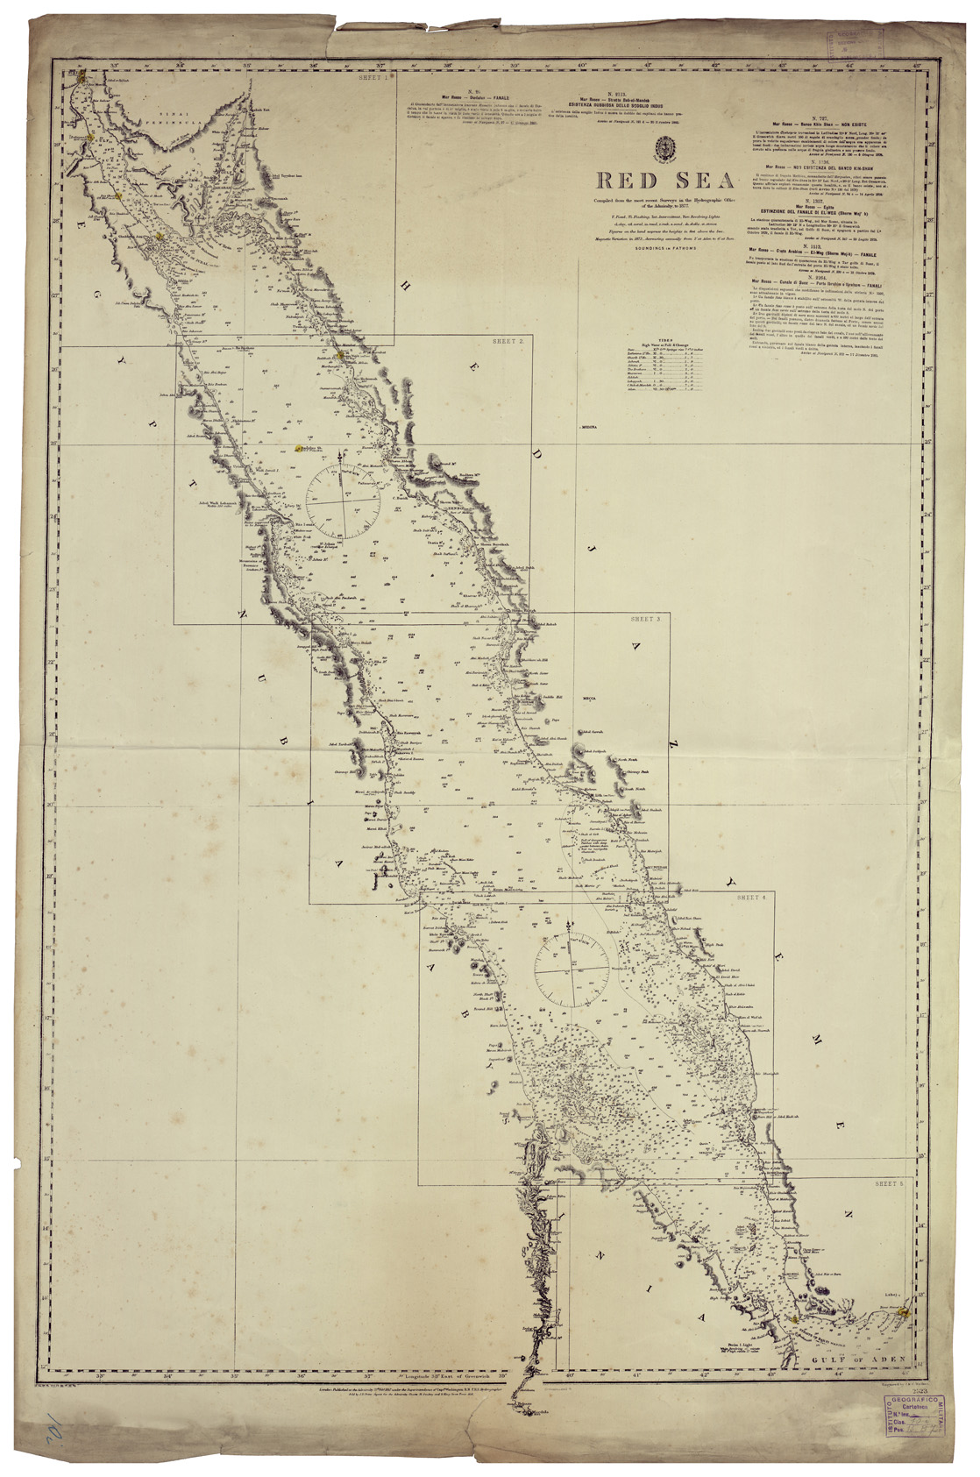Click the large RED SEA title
[666, 181]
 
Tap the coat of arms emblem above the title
[665, 148]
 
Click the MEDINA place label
[587, 427]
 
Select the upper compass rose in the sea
[343, 501]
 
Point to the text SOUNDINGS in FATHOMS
[667, 248]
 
